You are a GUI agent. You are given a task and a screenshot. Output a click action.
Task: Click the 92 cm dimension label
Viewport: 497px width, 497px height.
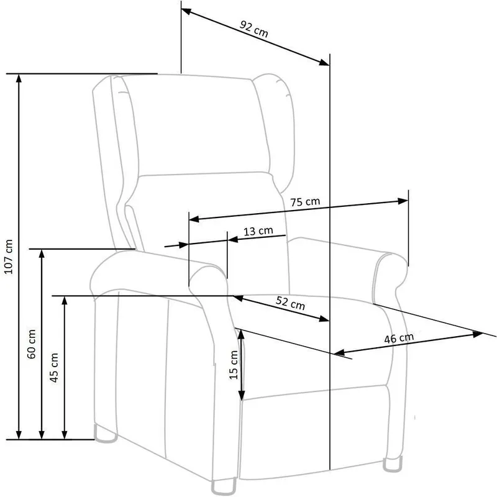[x=253, y=29]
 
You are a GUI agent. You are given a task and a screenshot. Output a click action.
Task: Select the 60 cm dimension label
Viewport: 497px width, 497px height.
[x=32, y=344]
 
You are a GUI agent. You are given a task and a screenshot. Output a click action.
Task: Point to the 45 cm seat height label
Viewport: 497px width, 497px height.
[x=54, y=367]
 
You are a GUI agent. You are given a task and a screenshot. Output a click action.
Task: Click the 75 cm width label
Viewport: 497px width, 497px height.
[x=305, y=201]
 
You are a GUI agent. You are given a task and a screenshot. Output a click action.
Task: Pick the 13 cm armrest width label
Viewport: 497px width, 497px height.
[x=258, y=230]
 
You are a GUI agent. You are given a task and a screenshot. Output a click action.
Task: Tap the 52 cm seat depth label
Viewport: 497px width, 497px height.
[x=290, y=303]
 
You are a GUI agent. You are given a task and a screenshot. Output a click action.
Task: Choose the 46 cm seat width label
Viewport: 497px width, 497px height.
[x=399, y=338]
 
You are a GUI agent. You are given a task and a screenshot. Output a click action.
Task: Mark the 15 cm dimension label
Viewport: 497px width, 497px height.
[x=234, y=365]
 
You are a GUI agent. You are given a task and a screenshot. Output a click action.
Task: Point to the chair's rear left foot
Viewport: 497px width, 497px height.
[x=106, y=434]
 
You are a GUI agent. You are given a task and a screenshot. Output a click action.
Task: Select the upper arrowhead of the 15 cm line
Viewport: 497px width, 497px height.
[x=241, y=334]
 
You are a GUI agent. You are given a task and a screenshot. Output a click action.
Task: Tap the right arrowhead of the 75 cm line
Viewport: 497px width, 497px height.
[x=403, y=201]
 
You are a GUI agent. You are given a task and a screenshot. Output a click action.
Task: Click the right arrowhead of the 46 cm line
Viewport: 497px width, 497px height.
[x=478, y=334]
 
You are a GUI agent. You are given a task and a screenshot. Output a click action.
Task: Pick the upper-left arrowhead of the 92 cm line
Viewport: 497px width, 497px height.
[x=186, y=11]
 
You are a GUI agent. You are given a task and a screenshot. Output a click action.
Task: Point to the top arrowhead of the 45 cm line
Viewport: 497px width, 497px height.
[x=65, y=301]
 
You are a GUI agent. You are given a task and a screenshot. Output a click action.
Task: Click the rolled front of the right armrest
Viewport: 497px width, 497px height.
[x=390, y=279]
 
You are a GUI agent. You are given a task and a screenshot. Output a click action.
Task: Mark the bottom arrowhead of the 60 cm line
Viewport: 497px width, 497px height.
[x=42, y=435]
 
